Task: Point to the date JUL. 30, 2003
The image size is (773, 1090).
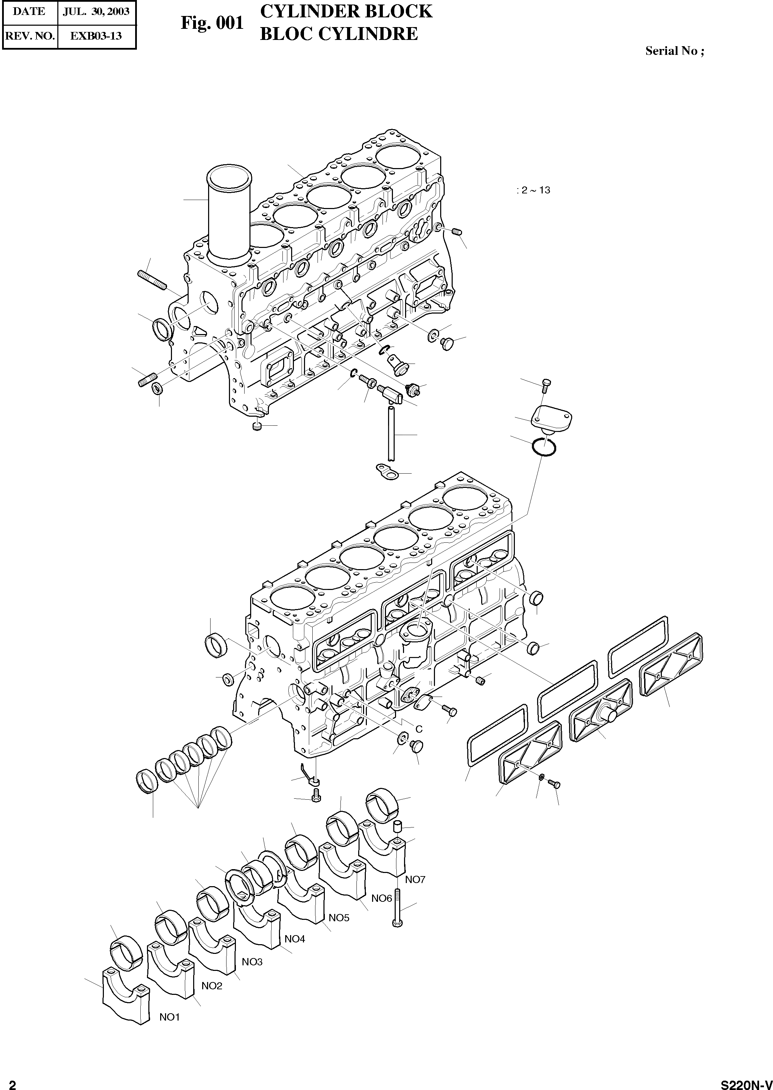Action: (96, 11)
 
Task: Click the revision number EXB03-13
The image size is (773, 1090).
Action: (96, 36)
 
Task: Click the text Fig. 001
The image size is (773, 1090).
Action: (212, 23)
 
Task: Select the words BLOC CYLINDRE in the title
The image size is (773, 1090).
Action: (338, 34)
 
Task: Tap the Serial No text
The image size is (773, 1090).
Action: (674, 51)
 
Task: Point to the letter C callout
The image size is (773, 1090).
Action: (419, 729)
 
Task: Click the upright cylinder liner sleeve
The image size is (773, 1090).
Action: (229, 214)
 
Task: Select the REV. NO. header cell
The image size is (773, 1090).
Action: (30, 36)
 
